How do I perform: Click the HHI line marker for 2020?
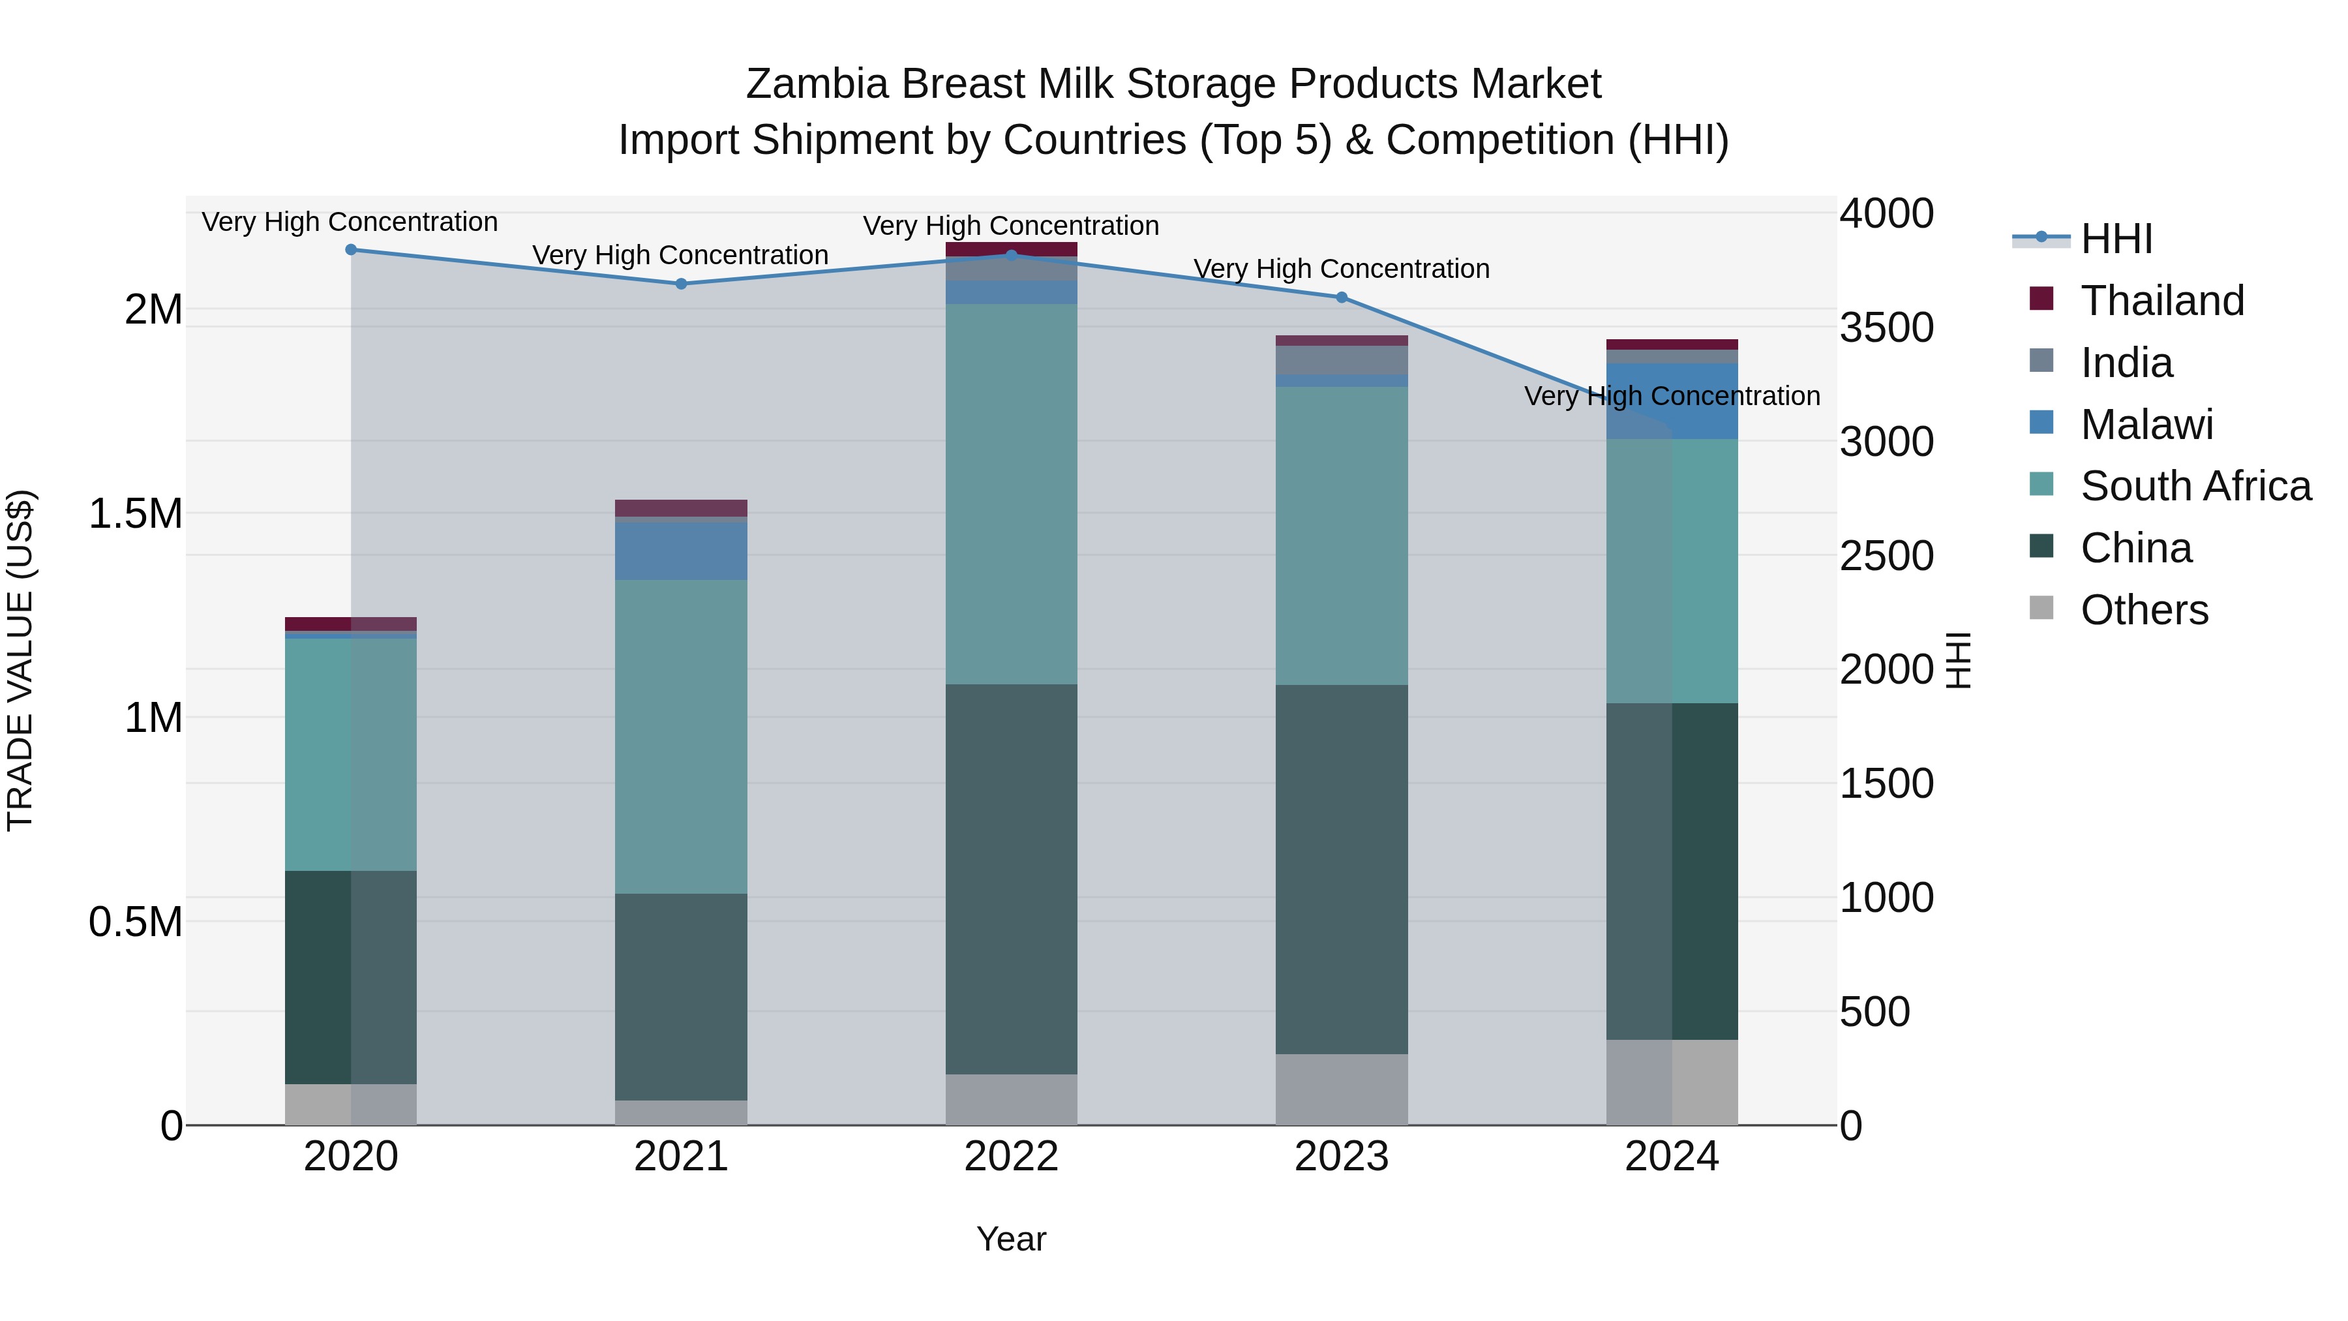tap(351, 250)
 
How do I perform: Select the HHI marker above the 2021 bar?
tap(681, 284)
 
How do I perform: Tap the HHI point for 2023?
tap(1342, 297)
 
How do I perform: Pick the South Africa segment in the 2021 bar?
tap(681, 736)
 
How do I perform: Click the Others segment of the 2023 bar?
tap(1342, 1089)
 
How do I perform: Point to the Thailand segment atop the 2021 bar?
tap(681, 508)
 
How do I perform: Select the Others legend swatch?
tap(2041, 609)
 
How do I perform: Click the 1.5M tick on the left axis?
tap(136, 513)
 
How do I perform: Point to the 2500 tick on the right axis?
tap(1886, 556)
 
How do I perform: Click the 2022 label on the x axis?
tap(1011, 1157)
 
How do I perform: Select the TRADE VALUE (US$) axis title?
tap(20, 660)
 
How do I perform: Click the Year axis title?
tap(1011, 1239)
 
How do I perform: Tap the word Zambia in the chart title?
tap(816, 84)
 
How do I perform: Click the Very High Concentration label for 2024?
tap(1672, 397)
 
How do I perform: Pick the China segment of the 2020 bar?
tap(351, 977)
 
